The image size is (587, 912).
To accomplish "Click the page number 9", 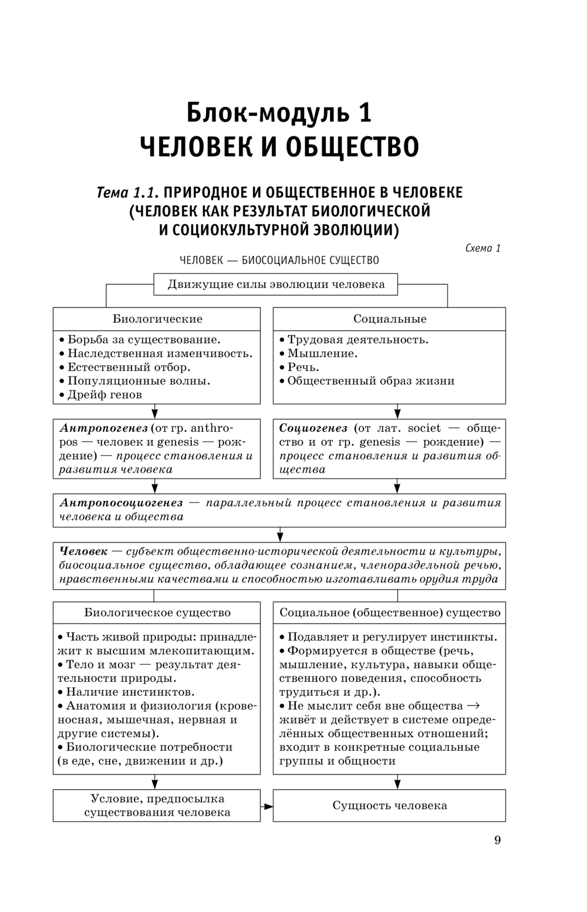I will (497, 840).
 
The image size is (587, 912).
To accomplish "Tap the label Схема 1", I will (483, 248).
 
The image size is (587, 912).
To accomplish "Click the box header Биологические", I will (157, 319).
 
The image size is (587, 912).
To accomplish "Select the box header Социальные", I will (389, 319).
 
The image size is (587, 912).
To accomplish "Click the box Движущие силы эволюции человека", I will (276, 285).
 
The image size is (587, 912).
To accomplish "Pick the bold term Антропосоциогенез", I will (121, 503).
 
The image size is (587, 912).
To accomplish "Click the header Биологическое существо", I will (157, 613).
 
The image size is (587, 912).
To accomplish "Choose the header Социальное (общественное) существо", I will (389, 613).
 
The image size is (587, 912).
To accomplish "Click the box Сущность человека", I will (389, 806).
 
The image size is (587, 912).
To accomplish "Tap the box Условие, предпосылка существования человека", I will (157, 806).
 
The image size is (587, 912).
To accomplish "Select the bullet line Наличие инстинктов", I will (130, 692).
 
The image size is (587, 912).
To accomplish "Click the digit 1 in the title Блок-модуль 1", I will (364, 113).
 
